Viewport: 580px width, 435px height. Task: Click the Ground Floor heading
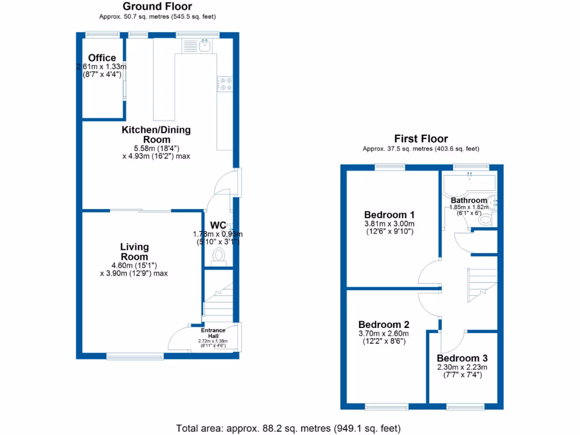157,7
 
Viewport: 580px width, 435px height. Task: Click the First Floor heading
421,139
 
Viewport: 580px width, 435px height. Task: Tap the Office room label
102,58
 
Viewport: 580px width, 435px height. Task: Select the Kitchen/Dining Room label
156,135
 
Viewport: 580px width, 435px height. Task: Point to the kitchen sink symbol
205,46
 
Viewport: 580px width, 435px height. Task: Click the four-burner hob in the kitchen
225,84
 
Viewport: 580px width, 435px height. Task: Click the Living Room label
134,251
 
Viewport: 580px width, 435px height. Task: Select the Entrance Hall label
213,333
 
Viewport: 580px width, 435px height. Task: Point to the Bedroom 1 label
389,215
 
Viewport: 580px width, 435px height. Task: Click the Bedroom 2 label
383,325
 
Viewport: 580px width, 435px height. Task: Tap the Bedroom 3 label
462,359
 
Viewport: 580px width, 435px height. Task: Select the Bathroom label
469,201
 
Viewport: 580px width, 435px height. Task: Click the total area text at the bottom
289,428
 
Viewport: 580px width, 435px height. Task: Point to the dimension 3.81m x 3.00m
389,223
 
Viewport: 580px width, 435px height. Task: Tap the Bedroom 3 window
465,407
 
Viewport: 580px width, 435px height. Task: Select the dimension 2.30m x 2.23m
462,367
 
